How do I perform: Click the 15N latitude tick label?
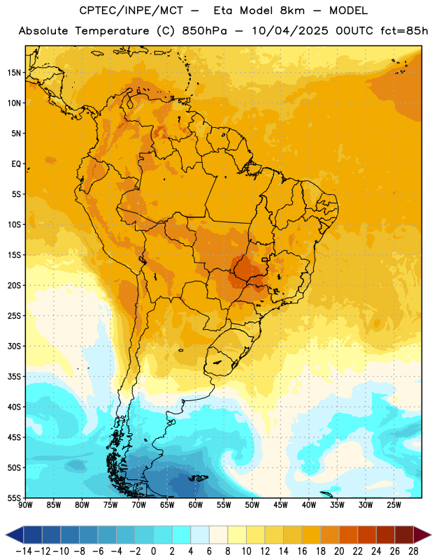point(14,73)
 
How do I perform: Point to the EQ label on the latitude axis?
point(16,164)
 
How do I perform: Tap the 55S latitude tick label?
point(14,498)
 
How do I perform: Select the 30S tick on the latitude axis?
point(14,346)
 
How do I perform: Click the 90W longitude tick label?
point(25,505)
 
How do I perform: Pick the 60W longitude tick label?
point(196,505)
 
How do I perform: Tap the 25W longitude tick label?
point(394,505)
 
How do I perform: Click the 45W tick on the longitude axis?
point(281,505)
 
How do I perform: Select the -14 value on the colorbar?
point(24,551)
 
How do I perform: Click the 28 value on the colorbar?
point(413,551)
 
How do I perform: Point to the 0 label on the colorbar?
point(154,551)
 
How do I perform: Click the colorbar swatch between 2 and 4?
point(182,535)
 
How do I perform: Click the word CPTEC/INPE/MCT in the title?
point(131,10)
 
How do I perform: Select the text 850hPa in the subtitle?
point(204,31)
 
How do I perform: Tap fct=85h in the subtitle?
point(404,31)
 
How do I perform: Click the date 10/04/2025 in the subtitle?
point(289,31)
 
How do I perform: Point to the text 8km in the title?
point(292,10)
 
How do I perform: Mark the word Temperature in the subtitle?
point(112,31)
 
